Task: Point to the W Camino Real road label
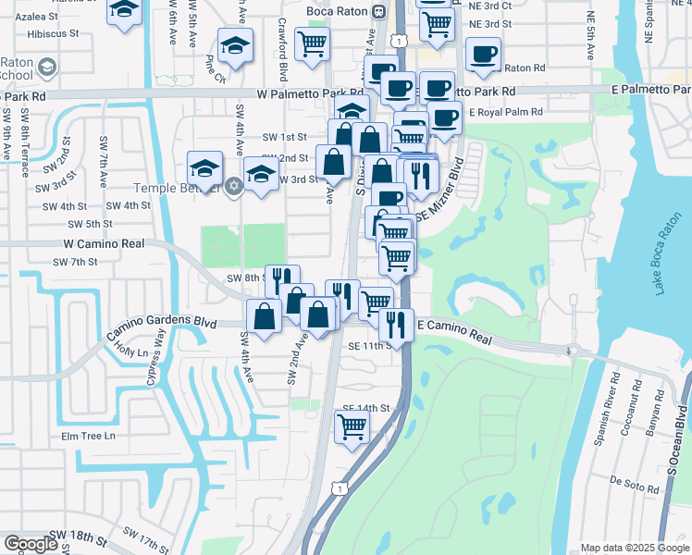pyautogui.click(x=104, y=243)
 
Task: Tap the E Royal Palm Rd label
pyautogui.click(x=509, y=113)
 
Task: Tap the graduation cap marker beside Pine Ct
pyautogui.click(x=235, y=45)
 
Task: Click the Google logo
pyautogui.click(x=31, y=544)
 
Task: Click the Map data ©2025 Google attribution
pyautogui.click(x=635, y=548)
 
